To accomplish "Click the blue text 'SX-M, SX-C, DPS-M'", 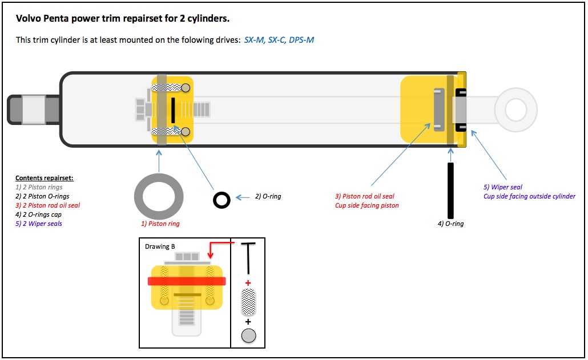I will (279, 40).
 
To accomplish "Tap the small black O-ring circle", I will (221, 199).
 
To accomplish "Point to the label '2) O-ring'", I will (268, 196).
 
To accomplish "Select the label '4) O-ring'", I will (450, 224).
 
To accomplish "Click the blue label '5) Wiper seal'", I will (502, 187).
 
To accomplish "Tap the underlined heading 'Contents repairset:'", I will (45, 178).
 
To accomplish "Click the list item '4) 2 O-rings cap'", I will (38, 215).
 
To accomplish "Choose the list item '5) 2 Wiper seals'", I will (39, 224).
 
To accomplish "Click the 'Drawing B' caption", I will (160, 246).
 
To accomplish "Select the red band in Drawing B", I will (187, 281).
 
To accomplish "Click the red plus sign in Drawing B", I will (248, 283).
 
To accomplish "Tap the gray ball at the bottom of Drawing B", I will (248, 335).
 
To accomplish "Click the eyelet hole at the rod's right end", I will (515, 110).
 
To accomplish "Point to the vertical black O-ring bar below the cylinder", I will (450, 190).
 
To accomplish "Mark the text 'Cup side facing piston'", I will (368, 205).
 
